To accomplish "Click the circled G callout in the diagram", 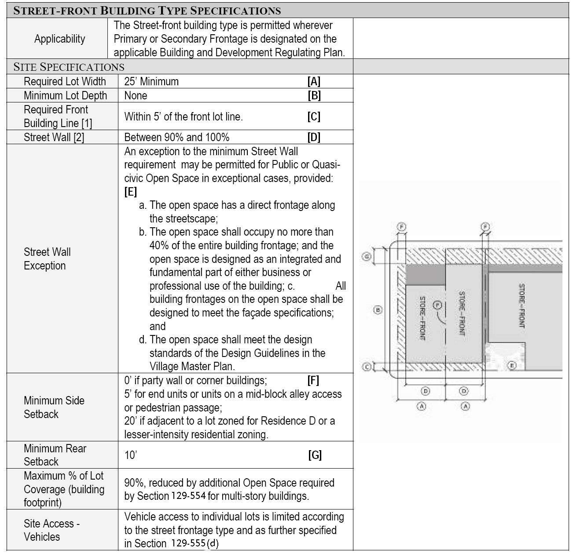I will [366, 257].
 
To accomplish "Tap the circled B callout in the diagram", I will [377, 310].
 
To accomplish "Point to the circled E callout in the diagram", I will [511, 365].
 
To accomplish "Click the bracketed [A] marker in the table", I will [314, 81].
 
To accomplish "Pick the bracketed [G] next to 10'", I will [315, 455].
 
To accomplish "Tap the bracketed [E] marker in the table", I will [131, 192].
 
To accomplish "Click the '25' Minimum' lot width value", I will [151, 81].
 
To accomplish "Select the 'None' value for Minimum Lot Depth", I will [136, 95].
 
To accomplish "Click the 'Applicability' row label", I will [59, 39].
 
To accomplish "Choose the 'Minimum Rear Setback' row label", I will [55, 455].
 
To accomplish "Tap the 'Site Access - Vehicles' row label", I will [51, 530].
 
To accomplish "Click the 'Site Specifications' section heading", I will [69, 67].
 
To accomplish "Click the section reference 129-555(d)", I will [195, 543].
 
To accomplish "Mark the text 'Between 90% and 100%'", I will [177, 137].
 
